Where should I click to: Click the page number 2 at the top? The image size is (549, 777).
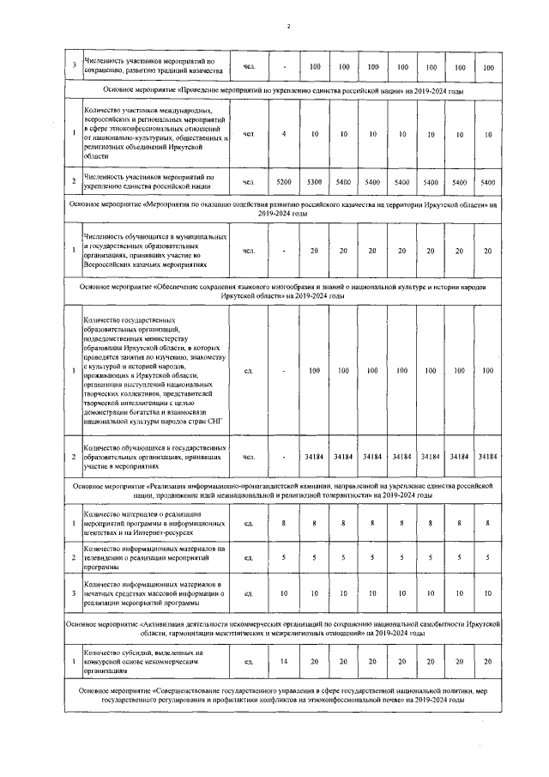pos(289,27)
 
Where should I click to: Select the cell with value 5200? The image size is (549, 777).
pos(284,182)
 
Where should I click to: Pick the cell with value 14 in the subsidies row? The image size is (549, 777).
pos(284,661)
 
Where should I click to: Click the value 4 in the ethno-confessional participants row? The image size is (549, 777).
pos(284,134)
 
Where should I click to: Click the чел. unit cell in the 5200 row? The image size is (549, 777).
pos(249,182)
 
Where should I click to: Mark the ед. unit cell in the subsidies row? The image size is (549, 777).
pos(249,661)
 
